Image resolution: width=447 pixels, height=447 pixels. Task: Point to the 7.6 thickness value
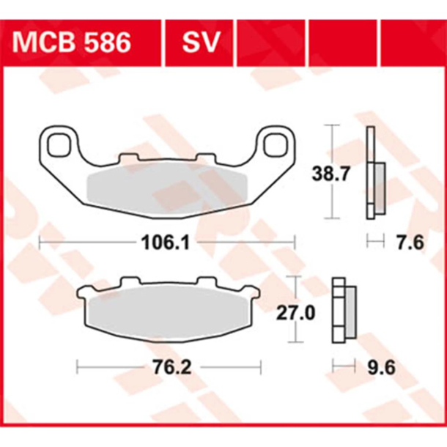click(x=408, y=242)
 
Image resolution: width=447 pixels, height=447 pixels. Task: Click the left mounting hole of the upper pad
click(x=59, y=143)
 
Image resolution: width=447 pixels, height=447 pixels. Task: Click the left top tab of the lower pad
click(x=128, y=282)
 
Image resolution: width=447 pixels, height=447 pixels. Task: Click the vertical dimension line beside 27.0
click(x=295, y=310)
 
